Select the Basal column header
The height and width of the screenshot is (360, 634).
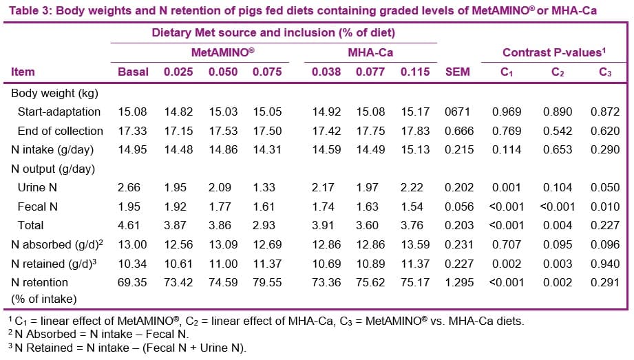point(133,72)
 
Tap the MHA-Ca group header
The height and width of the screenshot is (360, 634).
point(371,53)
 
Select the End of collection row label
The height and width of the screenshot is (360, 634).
point(61,131)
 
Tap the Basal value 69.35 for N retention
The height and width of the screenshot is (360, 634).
point(133,282)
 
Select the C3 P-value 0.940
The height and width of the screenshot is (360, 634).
point(605,263)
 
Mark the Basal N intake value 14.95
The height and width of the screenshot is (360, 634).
point(133,149)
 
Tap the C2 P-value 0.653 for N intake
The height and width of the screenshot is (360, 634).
point(558,149)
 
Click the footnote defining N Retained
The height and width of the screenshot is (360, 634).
point(127,348)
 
